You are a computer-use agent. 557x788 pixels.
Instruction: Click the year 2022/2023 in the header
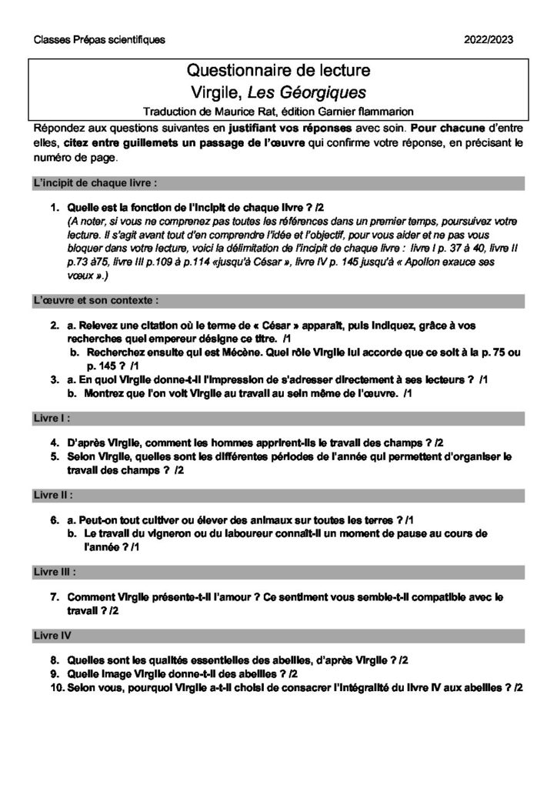pos(489,40)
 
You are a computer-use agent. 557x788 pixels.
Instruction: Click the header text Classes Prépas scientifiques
pos(99,40)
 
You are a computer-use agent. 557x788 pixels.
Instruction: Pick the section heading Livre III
pos(55,573)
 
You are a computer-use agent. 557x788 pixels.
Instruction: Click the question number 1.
pos(55,208)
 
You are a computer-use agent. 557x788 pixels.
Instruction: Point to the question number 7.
pos(55,596)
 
